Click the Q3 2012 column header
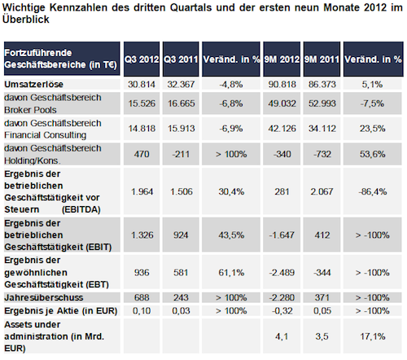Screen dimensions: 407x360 (x=142, y=59)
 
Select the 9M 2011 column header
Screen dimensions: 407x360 (x=322, y=59)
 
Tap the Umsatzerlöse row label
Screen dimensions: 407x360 (x=33, y=85)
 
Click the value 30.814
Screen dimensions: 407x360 (x=142, y=85)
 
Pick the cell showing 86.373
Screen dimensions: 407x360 (x=322, y=85)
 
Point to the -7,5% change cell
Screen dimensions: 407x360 (x=372, y=103)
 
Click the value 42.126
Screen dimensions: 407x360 (x=282, y=129)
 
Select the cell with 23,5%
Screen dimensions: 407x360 (x=373, y=129)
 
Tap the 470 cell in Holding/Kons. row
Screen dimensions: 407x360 (x=142, y=154)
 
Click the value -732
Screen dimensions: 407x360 (x=322, y=154)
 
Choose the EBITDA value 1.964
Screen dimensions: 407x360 (x=142, y=191)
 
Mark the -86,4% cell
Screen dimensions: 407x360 (x=373, y=191)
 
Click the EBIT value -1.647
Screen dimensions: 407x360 (x=282, y=235)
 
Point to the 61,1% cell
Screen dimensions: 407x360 (x=231, y=272)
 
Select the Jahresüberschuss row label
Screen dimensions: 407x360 (x=44, y=297)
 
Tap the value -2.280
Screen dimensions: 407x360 (x=282, y=297)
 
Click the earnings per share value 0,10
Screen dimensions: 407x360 (x=142, y=310)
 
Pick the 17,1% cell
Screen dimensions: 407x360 (x=373, y=336)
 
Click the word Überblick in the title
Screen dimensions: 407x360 (x=26, y=20)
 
